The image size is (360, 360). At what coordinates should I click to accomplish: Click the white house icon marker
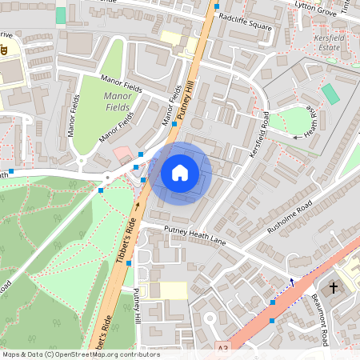180,173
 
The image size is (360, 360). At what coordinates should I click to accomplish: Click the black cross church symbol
334,287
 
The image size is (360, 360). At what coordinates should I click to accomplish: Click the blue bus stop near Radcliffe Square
216,6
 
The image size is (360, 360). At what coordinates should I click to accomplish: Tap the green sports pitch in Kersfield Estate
330,94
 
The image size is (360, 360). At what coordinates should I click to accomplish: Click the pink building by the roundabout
122,153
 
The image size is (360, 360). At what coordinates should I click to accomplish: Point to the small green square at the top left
61,15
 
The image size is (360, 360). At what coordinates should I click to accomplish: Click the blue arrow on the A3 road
292,282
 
